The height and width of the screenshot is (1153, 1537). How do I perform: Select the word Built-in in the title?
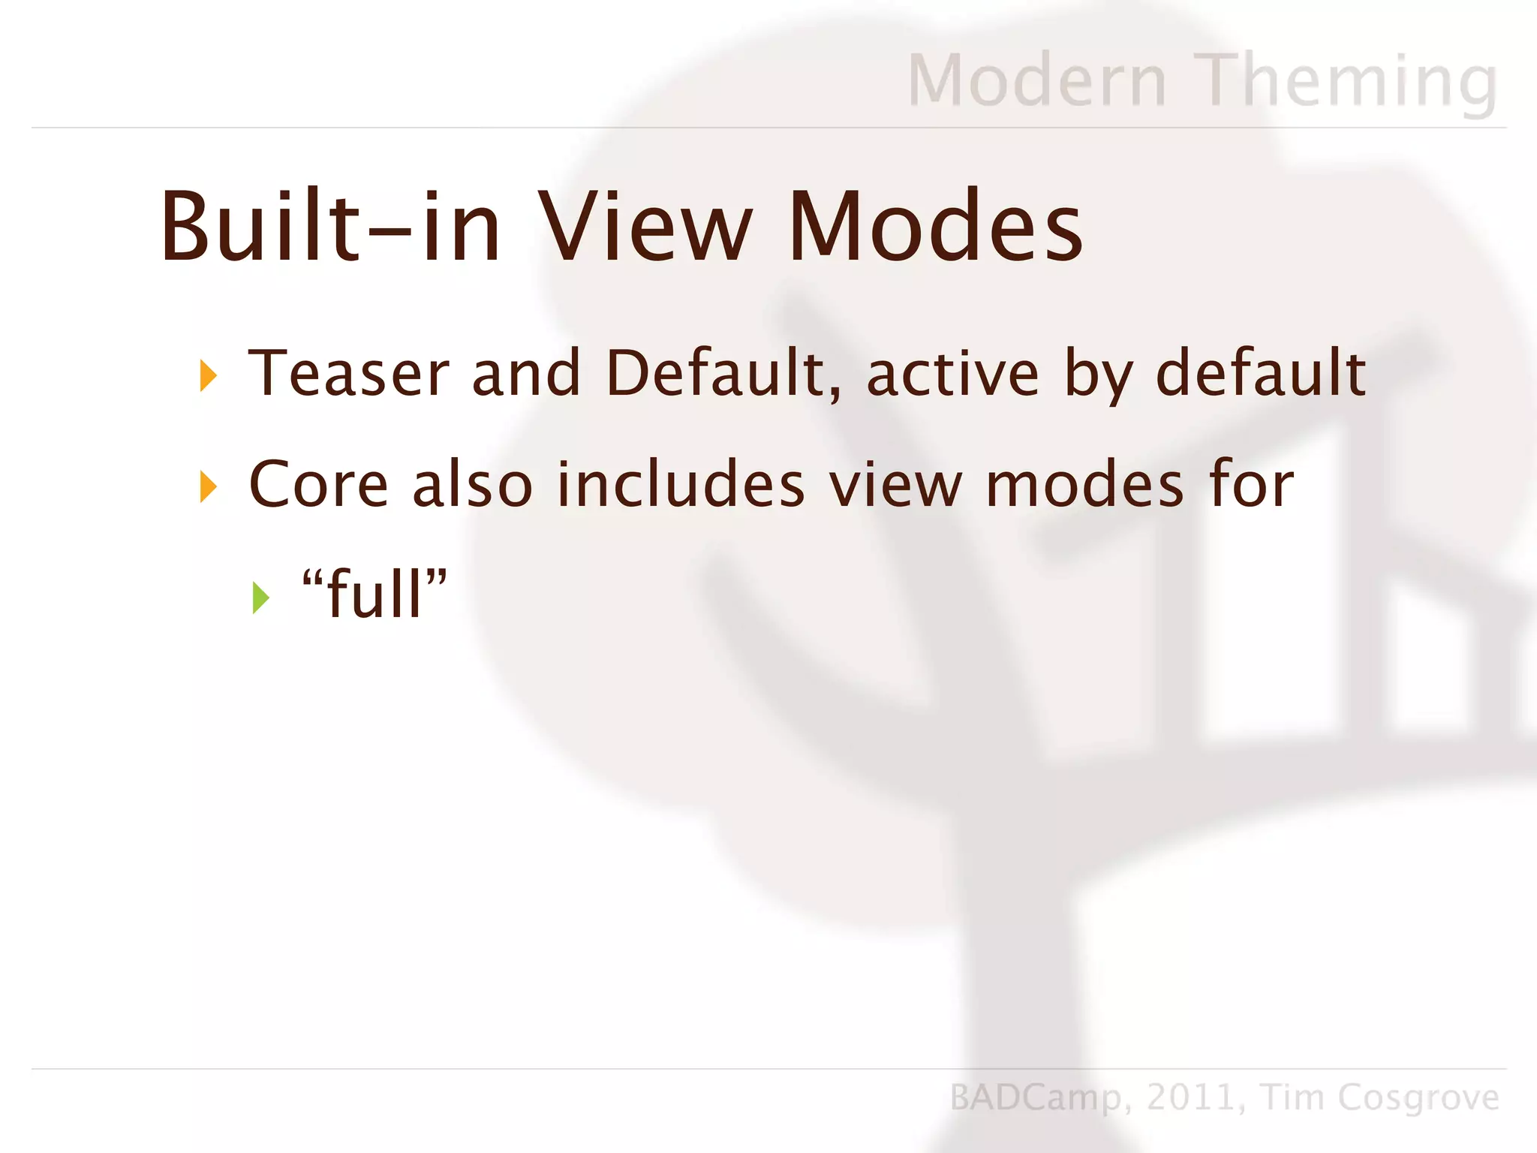pyautogui.click(x=330, y=227)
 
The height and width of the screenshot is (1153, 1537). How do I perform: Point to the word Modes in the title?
pyautogui.click(x=935, y=227)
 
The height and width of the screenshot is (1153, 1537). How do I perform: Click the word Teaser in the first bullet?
pyautogui.click(x=349, y=373)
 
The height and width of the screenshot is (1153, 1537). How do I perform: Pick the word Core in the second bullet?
pyautogui.click(x=318, y=485)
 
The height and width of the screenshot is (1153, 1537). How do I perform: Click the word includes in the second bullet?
pyautogui.click(x=681, y=485)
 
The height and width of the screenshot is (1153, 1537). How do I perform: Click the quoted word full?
pyautogui.click(x=374, y=594)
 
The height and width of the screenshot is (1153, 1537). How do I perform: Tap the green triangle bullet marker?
pyautogui.click(x=260, y=598)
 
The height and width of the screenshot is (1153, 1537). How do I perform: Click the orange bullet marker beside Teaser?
pyautogui.click(x=208, y=375)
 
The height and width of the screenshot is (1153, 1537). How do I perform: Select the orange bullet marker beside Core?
pyautogui.click(x=208, y=487)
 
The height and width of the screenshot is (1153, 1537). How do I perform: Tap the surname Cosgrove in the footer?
pyautogui.click(x=1418, y=1097)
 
